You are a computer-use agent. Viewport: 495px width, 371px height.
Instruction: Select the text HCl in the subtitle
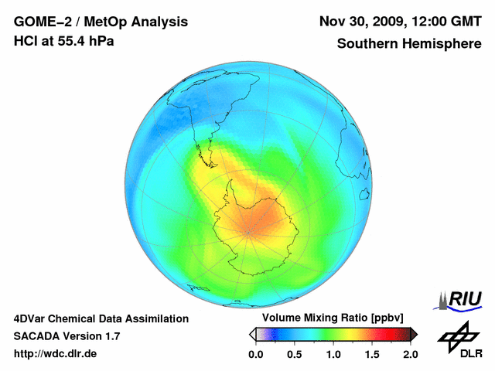coord(26,41)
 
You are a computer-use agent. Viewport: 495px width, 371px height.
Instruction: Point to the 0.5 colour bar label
coord(295,354)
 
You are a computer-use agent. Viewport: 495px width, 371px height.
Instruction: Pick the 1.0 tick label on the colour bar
coord(333,354)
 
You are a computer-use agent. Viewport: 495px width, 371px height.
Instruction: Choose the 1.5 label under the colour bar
coord(372,354)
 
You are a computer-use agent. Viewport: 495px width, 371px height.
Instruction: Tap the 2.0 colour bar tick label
coord(410,354)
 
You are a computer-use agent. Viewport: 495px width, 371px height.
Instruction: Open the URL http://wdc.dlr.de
coord(56,354)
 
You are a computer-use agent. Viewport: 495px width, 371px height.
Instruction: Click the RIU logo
coord(461,299)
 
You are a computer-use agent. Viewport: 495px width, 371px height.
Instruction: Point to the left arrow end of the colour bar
coord(252,334)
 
